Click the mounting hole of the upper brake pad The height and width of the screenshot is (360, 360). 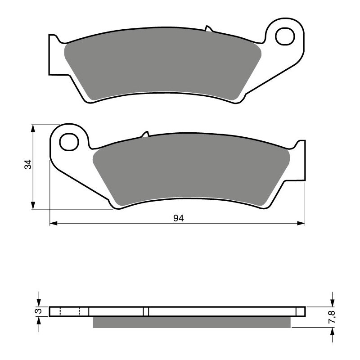pos(285,36)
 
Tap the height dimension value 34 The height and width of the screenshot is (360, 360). pos(28,165)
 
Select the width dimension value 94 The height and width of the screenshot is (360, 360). pos(178,218)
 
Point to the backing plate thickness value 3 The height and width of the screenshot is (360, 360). pos(39,311)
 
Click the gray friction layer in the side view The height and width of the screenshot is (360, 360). pos(191,322)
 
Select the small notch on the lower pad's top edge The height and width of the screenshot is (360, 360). pos(144,135)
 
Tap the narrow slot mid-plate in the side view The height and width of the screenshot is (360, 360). pos(146,311)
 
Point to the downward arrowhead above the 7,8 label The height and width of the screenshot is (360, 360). pos(332,301)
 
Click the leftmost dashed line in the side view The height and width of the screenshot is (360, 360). pos(60,311)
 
